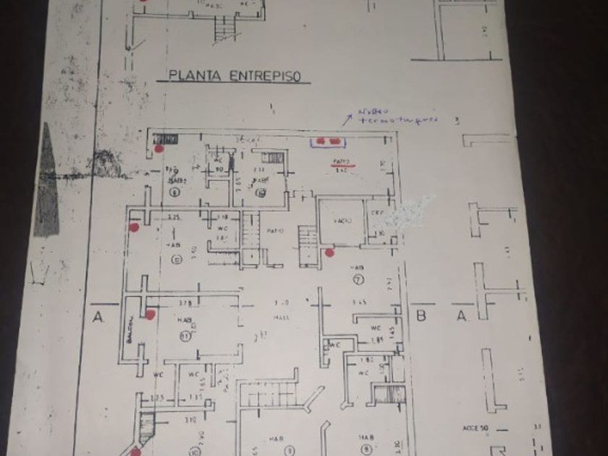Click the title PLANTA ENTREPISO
click(234, 75)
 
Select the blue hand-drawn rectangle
click(330, 141)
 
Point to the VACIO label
click(342, 221)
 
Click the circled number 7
click(357, 280)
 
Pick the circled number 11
click(185, 335)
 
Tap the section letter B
click(421, 316)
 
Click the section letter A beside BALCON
click(96, 316)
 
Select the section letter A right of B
click(461, 316)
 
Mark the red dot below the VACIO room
click(329, 253)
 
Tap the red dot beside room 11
click(151, 314)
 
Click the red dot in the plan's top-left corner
click(159, 149)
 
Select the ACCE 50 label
click(476, 428)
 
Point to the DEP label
click(376, 213)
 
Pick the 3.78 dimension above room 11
click(185, 303)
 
